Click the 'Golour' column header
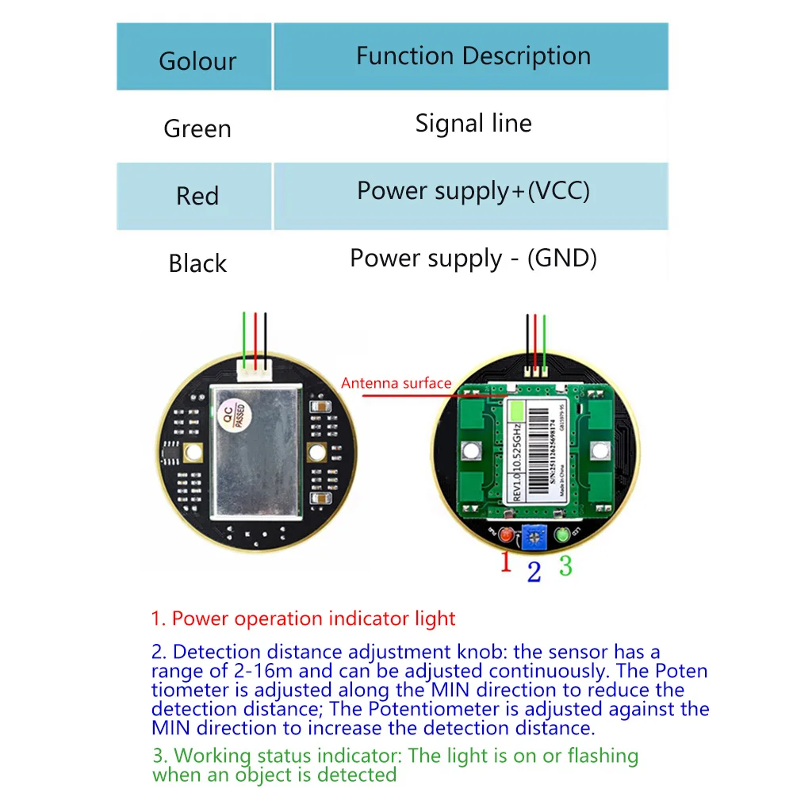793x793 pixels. pyautogui.click(x=197, y=61)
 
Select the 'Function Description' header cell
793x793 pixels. pyautogui.click(x=473, y=56)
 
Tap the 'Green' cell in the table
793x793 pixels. pyautogui.click(x=197, y=128)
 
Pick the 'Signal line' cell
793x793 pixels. pyautogui.click(x=473, y=124)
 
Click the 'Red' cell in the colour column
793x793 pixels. pyautogui.click(x=197, y=196)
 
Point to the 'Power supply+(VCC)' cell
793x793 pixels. pyautogui.click(x=473, y=191)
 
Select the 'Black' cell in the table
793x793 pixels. pyautogui.click(x=197, y=263)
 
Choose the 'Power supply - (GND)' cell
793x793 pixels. pyautogui.click(x=473, y=259)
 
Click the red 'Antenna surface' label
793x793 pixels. pyautogui.click(x=396, y=384)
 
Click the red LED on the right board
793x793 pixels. pyautogui.click(x=505, y=536)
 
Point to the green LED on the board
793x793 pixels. pyautogui.click(x=564, y=536)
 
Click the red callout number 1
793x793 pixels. pyautogui.click(x=505, y=563)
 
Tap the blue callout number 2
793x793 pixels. pyautogui.click(x=534, y=571)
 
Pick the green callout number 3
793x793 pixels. pyautogui.click(x=565, y=566)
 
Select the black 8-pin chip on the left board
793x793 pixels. pyautogui.click(x=171, y=450)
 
